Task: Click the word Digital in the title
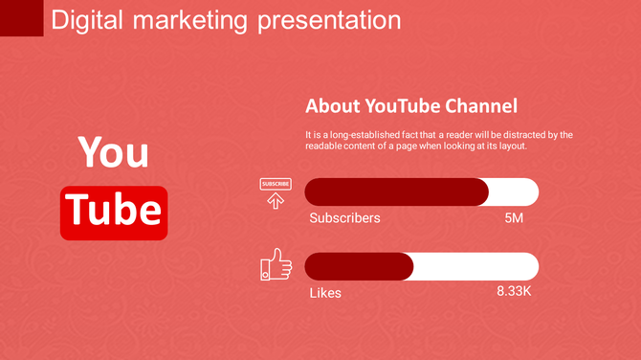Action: (x=86, y=19)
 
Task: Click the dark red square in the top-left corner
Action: (x=21, y=18)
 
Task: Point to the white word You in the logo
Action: (x=113, y=151)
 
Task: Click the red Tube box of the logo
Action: (x=114, y=213)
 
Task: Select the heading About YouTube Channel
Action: (x=410, y=106)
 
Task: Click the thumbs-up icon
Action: (x=276, y=264)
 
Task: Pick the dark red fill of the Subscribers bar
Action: (x=396, y=191)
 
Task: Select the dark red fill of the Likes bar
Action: (x=359, y=266)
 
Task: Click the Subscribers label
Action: (x=344, y=217)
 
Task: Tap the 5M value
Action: (x=514, y=217)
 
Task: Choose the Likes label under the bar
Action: (x=324, y=292)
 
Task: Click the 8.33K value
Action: (x=514, y=290)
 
